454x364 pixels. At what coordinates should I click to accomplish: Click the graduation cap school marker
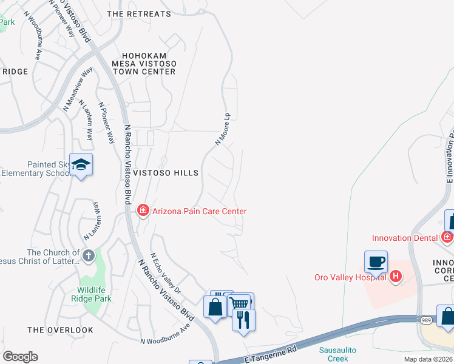pyautogui.click(x=81, y=165)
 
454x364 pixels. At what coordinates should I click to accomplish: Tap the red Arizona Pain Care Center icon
pyautogui.click(x=143, y=211)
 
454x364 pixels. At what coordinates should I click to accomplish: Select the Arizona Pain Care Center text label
pyautogui.click(x=199, y=211)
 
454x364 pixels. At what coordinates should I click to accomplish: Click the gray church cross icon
pyautogui.click(x=88, y=255)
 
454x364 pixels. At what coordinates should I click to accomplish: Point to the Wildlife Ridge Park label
pyautogui.click(x=94, y=294)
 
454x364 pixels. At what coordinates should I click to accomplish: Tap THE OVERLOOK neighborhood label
pyautogui.click(x=61, y=330)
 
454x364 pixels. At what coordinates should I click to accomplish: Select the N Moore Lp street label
pyautogui.click(x=223, y=128)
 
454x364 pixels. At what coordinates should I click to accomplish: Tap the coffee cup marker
pyautogui.click(x=376, y=262)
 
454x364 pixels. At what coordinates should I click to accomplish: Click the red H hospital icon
pyautogui.click(x=396, y=277)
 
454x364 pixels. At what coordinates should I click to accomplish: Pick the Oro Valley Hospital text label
pyautogui.click(x=351, y=278)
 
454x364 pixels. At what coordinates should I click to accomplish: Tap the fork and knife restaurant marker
pyautogui.click(x=244, y=320)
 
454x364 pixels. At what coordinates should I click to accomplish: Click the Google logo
pyautogui.click(x=20, y=357)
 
